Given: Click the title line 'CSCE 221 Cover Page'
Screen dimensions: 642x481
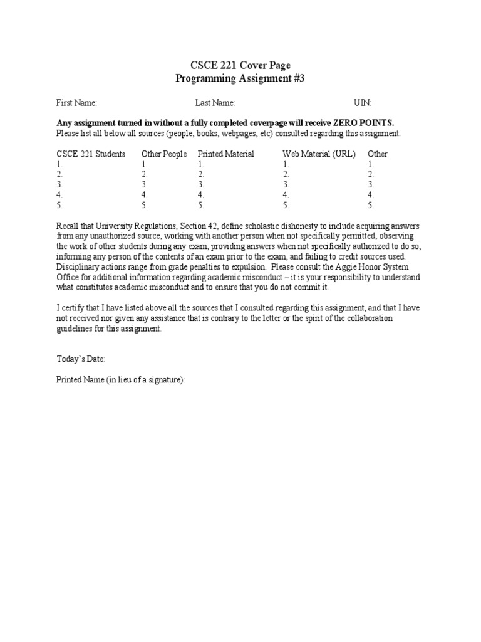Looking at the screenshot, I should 240,65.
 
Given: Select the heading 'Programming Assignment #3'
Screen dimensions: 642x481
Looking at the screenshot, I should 240,78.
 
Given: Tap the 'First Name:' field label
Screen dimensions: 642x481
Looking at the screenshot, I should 76,103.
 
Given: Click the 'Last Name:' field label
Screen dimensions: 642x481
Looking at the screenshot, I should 215,103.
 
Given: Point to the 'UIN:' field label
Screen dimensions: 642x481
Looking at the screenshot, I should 363,103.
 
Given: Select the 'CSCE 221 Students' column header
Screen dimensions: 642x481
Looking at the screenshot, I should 91,154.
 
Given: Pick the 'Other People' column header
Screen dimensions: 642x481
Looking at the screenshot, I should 164,154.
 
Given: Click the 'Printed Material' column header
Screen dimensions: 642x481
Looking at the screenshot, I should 225,154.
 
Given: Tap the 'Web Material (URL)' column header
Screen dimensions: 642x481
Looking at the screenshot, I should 319,154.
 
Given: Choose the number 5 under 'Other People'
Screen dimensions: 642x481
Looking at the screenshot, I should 144,205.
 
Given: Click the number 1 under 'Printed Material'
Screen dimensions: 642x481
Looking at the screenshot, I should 200,164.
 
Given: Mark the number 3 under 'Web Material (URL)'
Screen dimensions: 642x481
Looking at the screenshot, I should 286,185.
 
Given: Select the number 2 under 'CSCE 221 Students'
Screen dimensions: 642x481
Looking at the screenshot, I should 59,174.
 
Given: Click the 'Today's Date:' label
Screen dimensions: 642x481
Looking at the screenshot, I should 81,359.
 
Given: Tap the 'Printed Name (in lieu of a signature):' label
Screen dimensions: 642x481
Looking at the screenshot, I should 121,381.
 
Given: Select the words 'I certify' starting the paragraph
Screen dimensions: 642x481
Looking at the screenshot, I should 70,308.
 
